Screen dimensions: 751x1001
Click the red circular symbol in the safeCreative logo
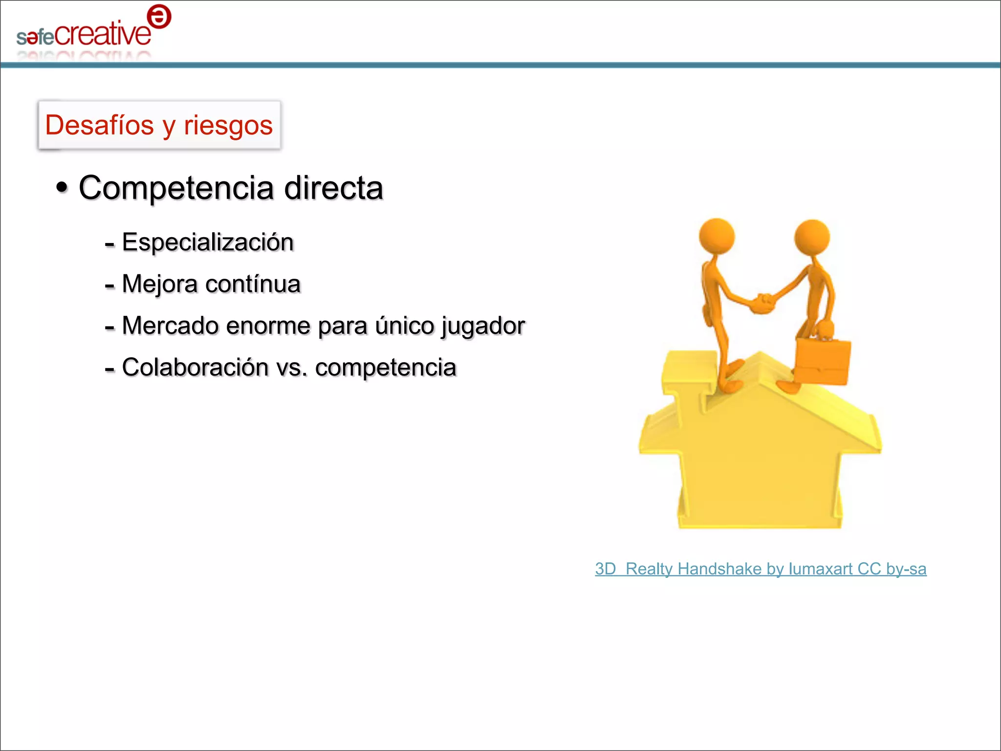coord(159,17)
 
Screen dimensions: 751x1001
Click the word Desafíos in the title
coord(100,125)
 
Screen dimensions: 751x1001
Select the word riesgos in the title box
coord(228,126)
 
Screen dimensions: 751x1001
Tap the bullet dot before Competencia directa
coord(62,187)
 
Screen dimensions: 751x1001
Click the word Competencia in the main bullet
coord(176,188)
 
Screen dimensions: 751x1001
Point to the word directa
coord(333,188)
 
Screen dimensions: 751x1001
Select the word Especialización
coord(208,243)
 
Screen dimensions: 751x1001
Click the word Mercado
coord(170,326)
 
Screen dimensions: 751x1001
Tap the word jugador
coord(482,326)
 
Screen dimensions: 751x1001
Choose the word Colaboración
coord(195,367)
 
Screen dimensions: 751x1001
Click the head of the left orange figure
coord(717,236)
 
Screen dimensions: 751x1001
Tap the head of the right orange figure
coord(812,237)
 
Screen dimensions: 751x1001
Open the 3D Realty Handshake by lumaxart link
coord(760,569)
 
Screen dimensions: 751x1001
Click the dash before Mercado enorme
coord(109,327)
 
